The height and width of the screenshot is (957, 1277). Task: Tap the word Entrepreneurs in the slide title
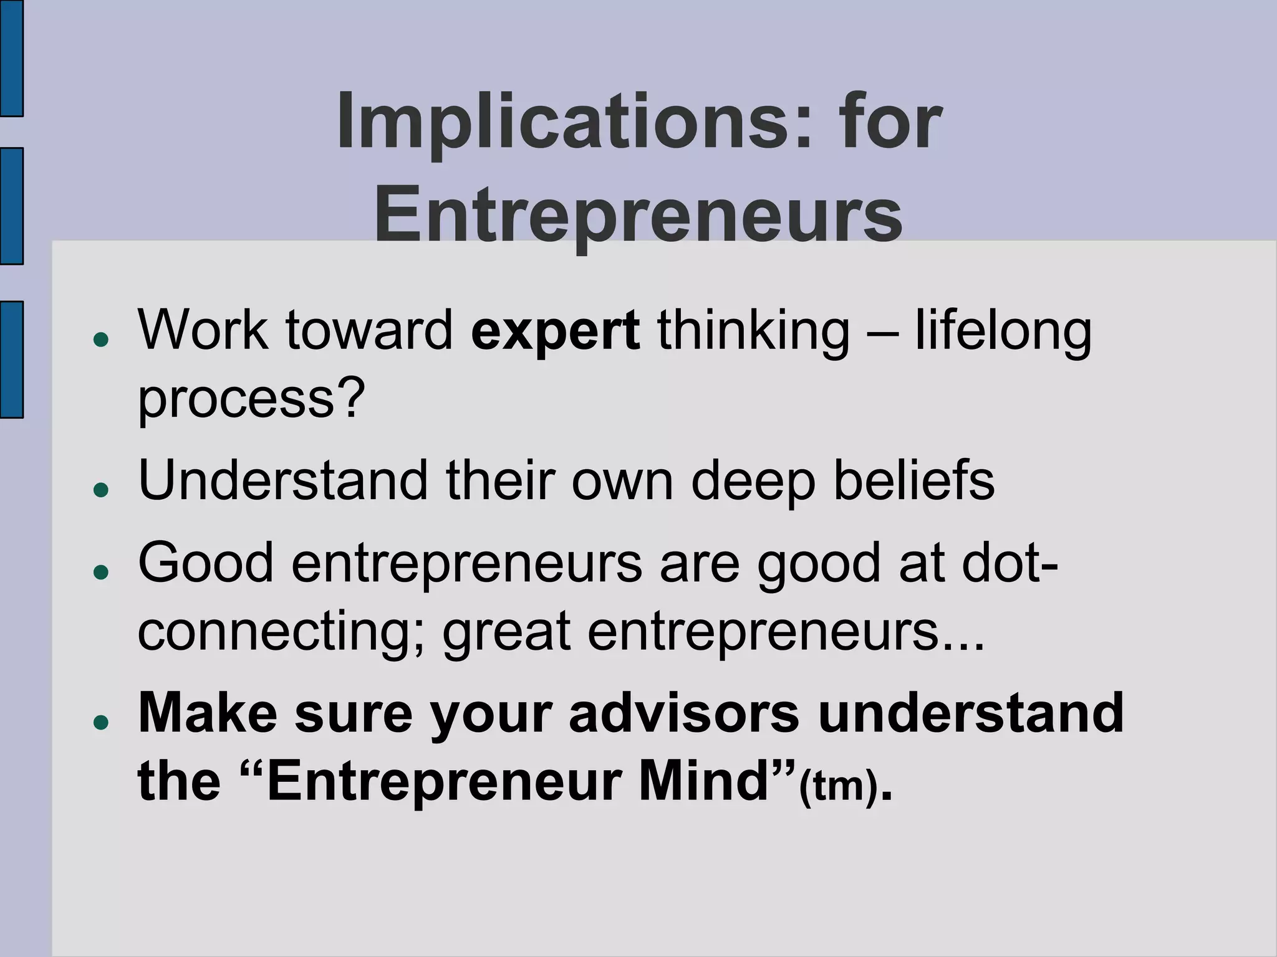pyautogui.click(x=638, y=214)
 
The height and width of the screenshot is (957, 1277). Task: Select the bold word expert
pyautogui.click(x=555, y=330)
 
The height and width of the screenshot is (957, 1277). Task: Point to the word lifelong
pyautogui.click(x=1003, y=330)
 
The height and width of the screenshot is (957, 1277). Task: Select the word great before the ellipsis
pyautogui.click(x=506, y=631)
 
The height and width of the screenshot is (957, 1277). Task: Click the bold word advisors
pyautogui.click(x=684, y=713)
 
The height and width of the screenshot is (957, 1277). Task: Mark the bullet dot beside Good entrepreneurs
pyautogui.click(x=100, y=571)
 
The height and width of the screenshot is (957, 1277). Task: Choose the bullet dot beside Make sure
pyautogui.click(x=100, y=721)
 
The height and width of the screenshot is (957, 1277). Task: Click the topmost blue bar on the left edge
pyautogui.click(x=11, y=58)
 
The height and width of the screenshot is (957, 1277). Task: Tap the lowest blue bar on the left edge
pyautogui.click(x=11, y=359)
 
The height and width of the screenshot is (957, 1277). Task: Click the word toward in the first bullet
pyautogui.click(x=369, y=330)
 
